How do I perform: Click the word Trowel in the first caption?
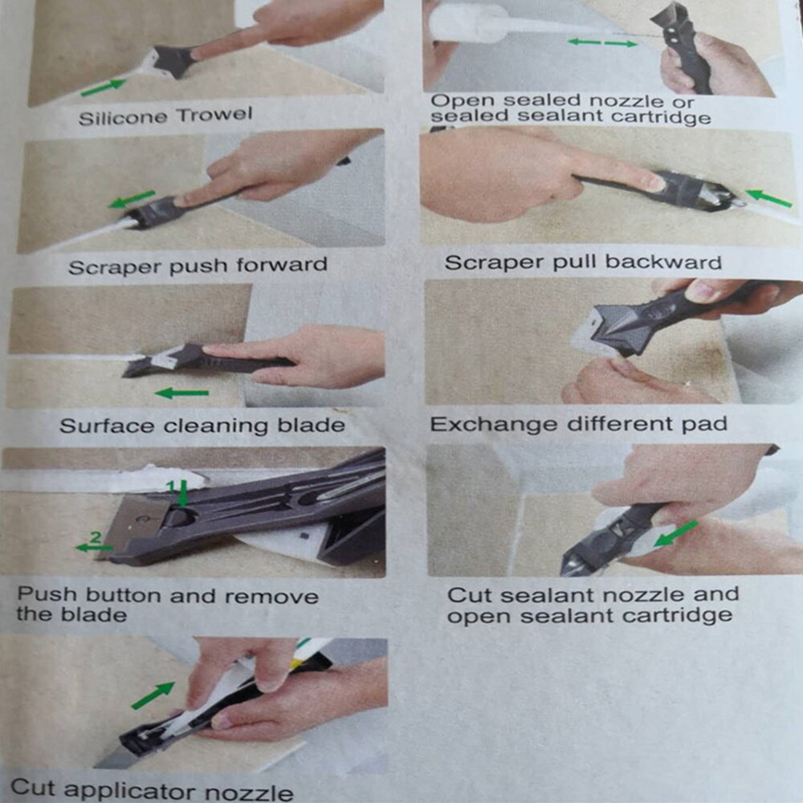tap(214, 114)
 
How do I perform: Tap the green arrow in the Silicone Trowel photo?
tap(103, 87)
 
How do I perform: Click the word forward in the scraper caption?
tap(282, 264)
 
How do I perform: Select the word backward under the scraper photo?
tap(663, 262)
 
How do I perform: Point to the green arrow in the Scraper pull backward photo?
tap(768, 198)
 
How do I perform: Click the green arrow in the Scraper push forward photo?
tap(132, 199)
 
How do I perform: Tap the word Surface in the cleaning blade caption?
tap(107, 426)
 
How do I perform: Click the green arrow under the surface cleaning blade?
tap(181, 393)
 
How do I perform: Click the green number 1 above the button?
tap(173, 486)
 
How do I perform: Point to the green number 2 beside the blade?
tap(96, 536)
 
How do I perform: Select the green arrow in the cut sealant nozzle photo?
tap(676, 534)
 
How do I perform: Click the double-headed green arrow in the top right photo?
tap(602, 43)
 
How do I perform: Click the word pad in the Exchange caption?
tap(705, 424)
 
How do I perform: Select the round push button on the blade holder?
tap(180, 516)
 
